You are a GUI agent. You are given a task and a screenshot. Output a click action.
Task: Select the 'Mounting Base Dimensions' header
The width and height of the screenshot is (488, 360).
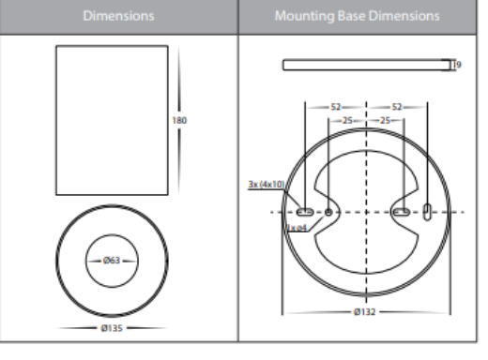[357, 17]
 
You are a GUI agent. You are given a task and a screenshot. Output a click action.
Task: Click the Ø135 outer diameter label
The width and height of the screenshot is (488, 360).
[113, 329]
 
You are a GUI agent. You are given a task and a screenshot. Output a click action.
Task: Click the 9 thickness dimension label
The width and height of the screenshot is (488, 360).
[457, 65]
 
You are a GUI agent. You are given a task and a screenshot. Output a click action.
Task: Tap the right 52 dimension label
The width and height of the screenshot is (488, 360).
[395, 108]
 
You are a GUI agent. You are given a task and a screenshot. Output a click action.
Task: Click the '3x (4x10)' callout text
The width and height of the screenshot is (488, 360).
[265, 185]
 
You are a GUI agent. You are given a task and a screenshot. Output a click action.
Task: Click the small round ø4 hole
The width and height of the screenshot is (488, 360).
[329, 212]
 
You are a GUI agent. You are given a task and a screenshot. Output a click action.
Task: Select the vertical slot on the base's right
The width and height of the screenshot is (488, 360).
[428, 212]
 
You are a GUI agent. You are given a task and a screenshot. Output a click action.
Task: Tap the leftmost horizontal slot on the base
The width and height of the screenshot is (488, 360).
[307, 212]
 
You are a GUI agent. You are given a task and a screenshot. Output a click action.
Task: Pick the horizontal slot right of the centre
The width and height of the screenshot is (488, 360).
[403, 212]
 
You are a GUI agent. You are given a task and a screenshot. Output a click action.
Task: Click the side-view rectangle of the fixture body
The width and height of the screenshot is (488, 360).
[113, 120]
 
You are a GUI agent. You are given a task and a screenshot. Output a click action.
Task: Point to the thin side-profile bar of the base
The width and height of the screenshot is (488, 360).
[366, 65]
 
